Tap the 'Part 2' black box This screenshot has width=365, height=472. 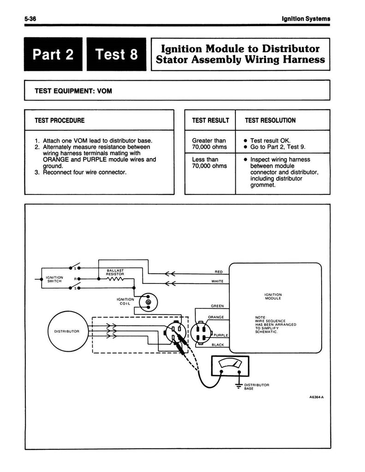[x=54, y=54]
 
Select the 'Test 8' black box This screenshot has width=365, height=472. [x=116, y=54]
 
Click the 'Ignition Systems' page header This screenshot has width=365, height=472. [x=306, y=18]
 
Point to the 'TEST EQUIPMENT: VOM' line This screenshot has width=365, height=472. [x=73, y=91]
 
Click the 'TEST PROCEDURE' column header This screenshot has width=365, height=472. [x=60, y=120]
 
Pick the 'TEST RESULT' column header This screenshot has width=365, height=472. [x=210, y=120]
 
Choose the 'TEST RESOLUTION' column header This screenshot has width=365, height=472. [x=270, y=120]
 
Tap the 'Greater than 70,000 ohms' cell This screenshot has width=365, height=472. [x=209, y=144]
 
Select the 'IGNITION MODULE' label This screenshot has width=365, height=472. [x=273, y=296]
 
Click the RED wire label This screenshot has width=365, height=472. [x=219, y=272]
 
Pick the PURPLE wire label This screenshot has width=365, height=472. [x=222, y=335]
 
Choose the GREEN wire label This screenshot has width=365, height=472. [x=217, y=306]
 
